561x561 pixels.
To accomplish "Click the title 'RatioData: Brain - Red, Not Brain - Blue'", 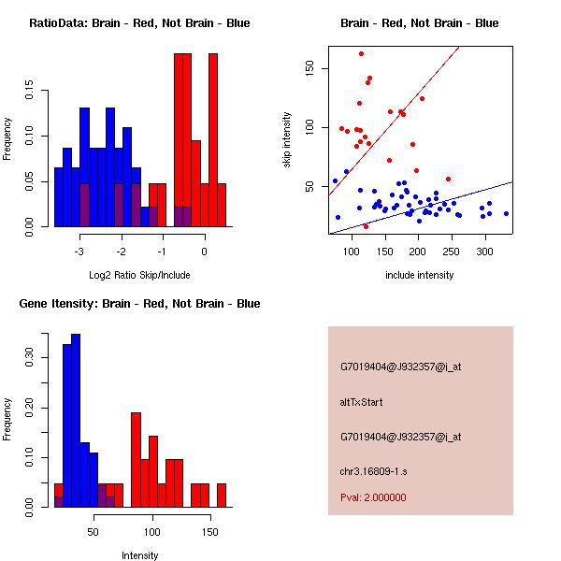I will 139,23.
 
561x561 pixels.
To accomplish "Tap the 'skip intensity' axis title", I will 287,140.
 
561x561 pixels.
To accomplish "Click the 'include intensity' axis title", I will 420,275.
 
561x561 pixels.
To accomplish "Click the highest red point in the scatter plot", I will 361,53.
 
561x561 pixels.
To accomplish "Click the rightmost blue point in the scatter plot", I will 506,213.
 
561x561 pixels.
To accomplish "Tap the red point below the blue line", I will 366,226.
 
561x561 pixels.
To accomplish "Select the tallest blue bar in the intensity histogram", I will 76,420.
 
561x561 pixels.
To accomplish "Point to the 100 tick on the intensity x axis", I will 152,532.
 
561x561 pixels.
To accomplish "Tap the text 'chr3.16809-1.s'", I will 374,471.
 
